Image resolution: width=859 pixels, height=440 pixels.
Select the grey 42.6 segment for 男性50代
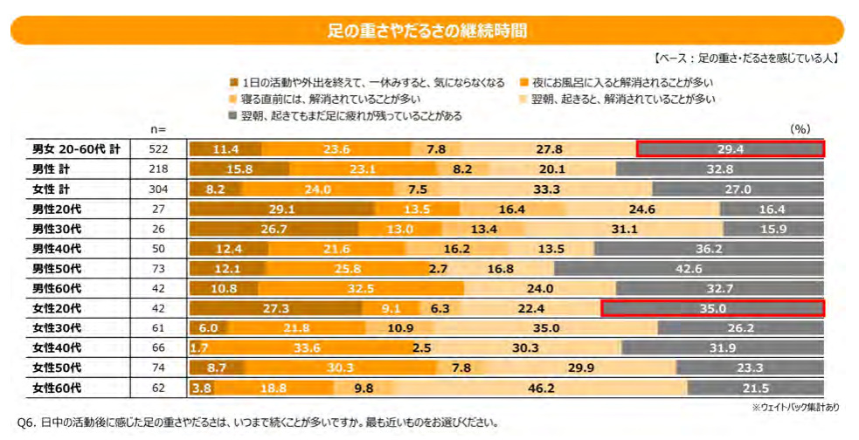689,269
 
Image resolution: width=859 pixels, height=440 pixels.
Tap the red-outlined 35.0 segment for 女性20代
712,308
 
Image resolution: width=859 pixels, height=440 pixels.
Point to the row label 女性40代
57,347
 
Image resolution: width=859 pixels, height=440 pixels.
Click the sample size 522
158,149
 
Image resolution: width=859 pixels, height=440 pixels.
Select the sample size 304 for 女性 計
158,189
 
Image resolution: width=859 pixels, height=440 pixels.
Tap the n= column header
157,129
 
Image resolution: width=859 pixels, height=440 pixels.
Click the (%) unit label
800,128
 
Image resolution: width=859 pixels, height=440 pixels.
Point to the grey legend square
232,115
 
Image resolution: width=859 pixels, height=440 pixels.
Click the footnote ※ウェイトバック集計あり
794,407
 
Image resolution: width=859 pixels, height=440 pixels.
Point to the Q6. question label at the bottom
27,422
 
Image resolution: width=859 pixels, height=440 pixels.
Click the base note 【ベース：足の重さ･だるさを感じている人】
746,58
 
